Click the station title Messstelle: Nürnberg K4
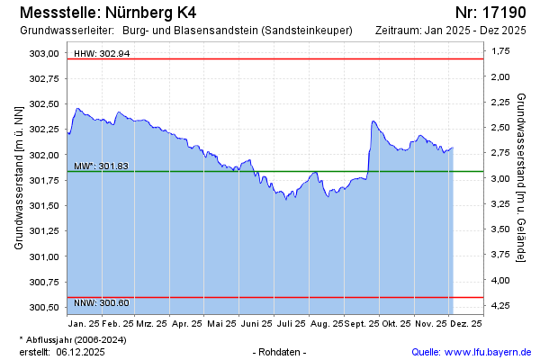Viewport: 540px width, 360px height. [106, 13]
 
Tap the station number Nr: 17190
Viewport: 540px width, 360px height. [490, 13]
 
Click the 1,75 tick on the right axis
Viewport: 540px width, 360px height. [499, 50]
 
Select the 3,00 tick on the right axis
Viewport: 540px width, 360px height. [499, 178]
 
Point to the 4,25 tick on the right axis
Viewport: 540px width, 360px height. [499, 307]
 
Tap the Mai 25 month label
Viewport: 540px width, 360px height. [220, 323]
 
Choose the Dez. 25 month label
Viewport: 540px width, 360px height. [465, 323]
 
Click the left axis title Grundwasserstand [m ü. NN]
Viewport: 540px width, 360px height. [18, 177]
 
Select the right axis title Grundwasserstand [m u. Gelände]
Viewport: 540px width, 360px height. [522, 177]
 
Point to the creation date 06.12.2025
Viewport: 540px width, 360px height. [81, 351]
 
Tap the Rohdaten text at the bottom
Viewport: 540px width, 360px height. [281, 351]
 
